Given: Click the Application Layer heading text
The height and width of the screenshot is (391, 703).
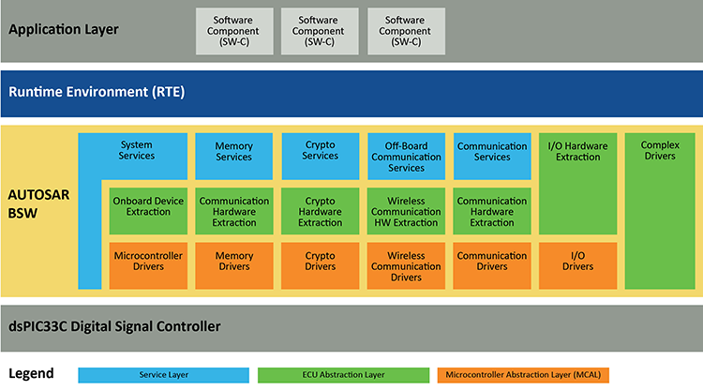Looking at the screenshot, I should point(64,29).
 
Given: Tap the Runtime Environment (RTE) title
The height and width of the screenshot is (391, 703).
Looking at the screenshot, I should point(97,92).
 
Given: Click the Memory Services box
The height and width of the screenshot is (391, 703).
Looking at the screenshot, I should point(233,151).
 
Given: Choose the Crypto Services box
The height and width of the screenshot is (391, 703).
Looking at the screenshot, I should point(320,151).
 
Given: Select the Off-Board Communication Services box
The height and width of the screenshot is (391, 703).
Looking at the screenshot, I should point(406,156).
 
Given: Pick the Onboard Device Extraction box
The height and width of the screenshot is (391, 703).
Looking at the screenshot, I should point(147,206).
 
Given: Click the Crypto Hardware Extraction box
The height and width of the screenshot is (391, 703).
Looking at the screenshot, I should point(320,212).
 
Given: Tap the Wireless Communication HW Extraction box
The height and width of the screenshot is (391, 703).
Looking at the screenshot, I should point(406,212).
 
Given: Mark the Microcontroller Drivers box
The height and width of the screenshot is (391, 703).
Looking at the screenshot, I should point(147,262).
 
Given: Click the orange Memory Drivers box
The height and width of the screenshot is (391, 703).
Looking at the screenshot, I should point(233,262).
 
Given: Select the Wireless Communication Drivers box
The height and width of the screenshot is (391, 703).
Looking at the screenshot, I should point(406,265).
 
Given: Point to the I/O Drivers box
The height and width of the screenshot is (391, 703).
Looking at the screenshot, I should point(577,262).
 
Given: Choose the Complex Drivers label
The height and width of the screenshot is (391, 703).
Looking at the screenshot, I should point(660,151).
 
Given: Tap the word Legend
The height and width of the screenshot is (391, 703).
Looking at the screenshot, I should point(31,373).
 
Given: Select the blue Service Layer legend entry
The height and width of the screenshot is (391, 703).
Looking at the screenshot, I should point(164,374).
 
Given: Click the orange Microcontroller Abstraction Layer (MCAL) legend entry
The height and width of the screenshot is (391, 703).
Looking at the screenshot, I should point(522,374).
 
